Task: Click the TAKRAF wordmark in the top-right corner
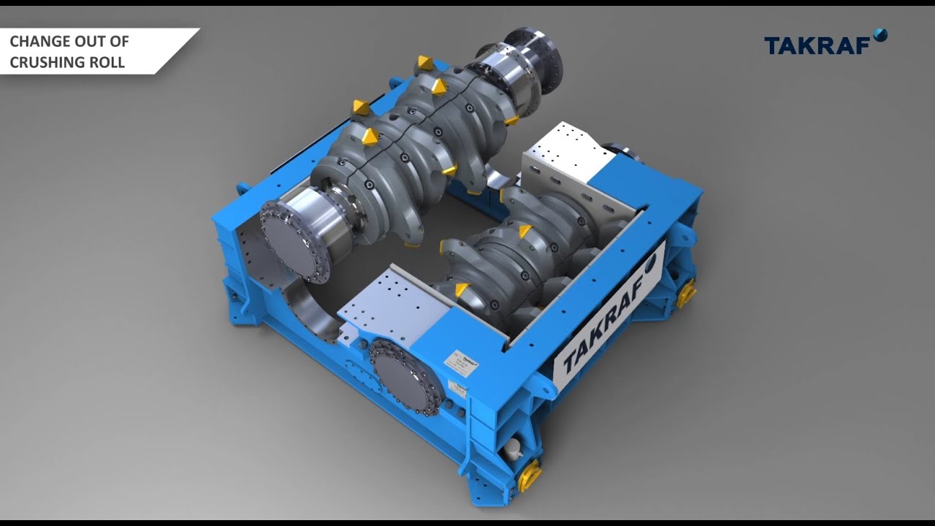pos(817,46)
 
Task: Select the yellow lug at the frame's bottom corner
pos(528,475)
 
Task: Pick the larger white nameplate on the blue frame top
pos(462,362)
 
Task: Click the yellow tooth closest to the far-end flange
pos(425,63)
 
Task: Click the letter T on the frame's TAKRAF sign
pos(568,359)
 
